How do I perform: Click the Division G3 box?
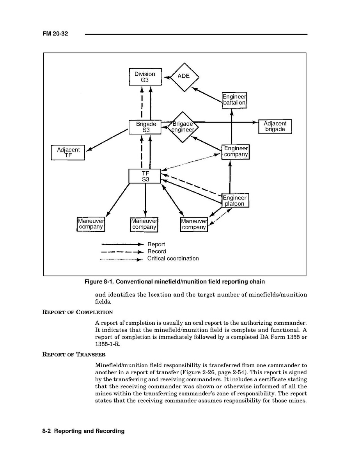pyautogui.click(x=145, y=77)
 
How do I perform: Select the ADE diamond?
pyautogui.click(x=184, y=76)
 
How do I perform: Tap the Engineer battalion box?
pyautogui.click(x=234, y=100)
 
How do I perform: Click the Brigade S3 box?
pyautogui.click(x=145, y=127)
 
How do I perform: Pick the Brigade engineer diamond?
pyautogui.click(x=183, y=127)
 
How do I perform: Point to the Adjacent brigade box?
pyautogui.click(x=275, y=126)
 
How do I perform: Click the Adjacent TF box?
pyautogui.click(x=68, y=152)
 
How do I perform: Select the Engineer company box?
pyautogui.click(x=236, y=151)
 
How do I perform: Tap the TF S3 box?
pyautogui.click(x=145, y=176)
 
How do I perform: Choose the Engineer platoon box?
pyautogui.click(x=235, y=201)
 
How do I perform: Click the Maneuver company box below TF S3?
pyautogui.click(x=144, y=224)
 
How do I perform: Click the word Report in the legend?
pyautogui.click(x=156, y=245)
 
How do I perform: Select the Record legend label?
pyautogui.click(x=156, y=252)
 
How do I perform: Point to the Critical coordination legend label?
pyautogui.click(x=173, y=258)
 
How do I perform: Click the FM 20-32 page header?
pyautogui.click(x=55, y=34)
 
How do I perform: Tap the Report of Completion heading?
pyautogui.click(x=77, y=312)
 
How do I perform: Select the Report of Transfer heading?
pyautogui.click(x=74, y=355)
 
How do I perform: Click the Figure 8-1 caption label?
pyautogui.click(x=175, y=282)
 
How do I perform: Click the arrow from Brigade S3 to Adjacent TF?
pyautogui.click(x=107, y=140)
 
